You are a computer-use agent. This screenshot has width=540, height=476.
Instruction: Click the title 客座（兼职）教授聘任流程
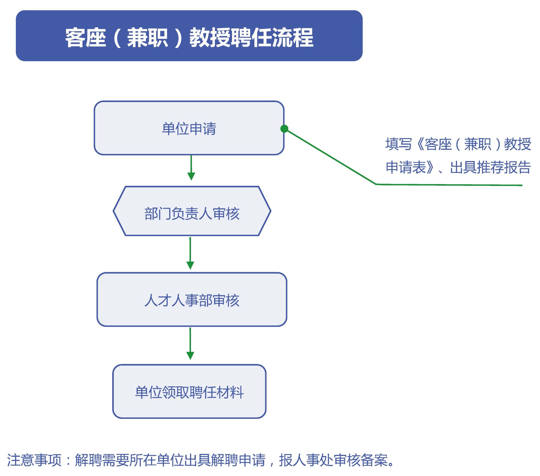[189, 38]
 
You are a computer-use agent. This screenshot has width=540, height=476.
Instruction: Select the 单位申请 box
[189, 128]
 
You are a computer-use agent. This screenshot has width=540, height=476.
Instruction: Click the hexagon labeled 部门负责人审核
[192, 211]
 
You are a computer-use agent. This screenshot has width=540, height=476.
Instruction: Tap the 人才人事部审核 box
[192, 300]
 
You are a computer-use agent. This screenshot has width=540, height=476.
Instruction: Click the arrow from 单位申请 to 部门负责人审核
[191, 168]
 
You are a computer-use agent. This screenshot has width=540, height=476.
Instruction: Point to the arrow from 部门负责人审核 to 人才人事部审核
[190, 253]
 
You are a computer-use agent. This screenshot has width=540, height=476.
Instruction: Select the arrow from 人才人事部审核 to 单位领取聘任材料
[190, 344]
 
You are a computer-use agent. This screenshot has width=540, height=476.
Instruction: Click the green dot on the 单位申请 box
[284, 129]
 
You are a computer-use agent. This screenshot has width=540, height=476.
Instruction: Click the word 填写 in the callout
[399, 144]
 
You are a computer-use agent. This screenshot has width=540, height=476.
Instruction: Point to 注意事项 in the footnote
[34, 460]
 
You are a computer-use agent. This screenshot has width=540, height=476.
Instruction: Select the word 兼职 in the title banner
[147, 38]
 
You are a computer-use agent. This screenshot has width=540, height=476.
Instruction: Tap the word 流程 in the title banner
[293, 38]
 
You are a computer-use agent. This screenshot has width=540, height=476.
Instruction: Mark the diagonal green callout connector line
[330, 156]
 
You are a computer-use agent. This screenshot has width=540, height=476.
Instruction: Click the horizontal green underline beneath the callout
[449, 185]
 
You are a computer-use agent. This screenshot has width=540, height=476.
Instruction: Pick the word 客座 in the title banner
[86, 38]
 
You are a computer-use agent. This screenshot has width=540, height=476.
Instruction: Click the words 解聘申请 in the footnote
[238, 460]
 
